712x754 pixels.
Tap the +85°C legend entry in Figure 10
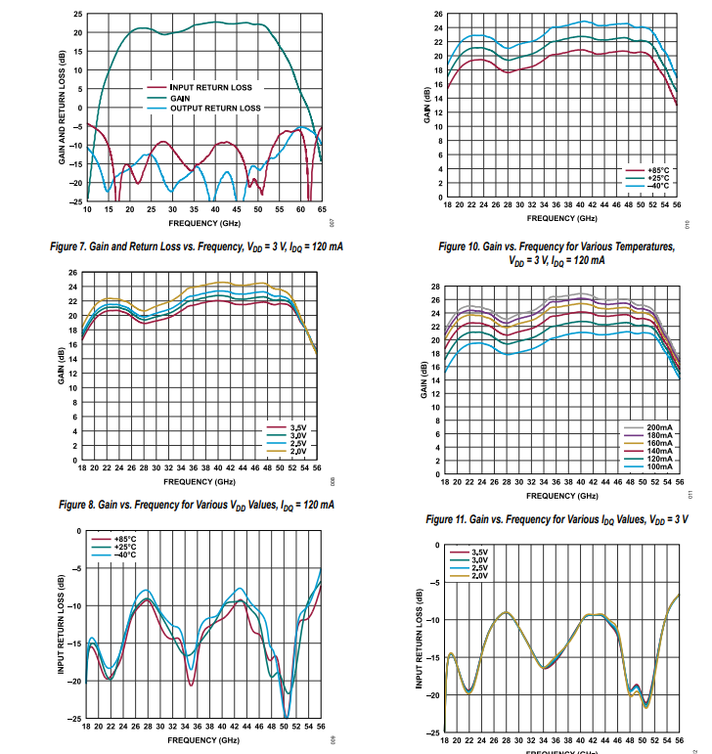tap(657, 170)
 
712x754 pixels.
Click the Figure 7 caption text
tap(210, 245)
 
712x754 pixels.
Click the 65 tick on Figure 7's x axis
tap(322, 209)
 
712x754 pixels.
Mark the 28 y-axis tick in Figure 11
tap(436, 287)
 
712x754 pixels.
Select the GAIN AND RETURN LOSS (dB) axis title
tap(62, 108)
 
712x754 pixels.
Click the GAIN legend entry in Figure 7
tap(180, 98)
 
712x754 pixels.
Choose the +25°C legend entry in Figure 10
tap(657, 178)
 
